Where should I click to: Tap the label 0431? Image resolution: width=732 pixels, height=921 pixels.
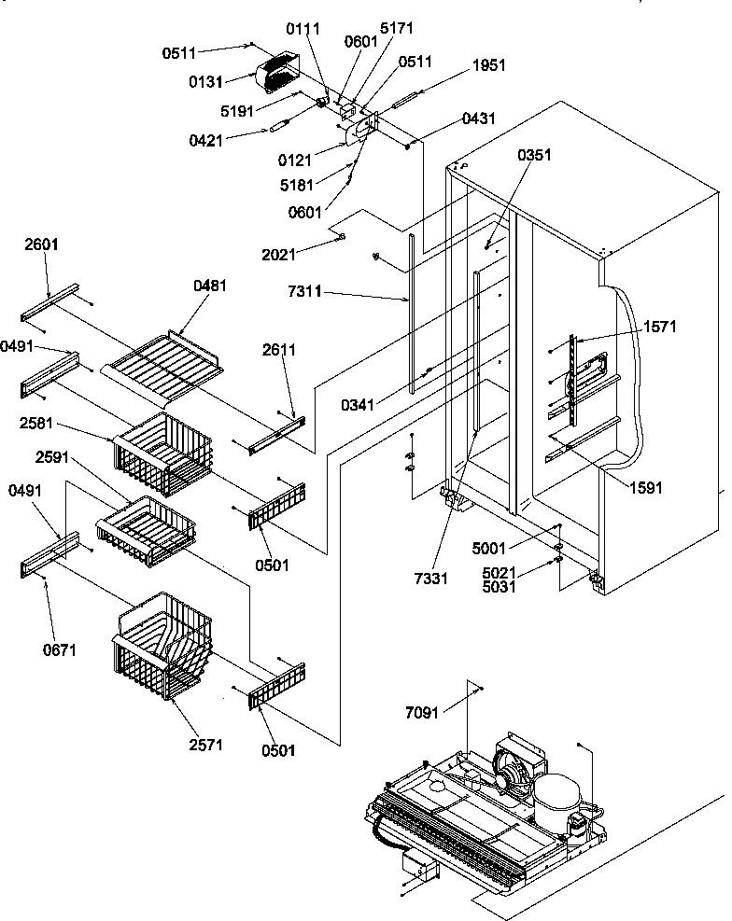[478, 119]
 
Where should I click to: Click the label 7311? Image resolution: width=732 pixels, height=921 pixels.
[305, 292]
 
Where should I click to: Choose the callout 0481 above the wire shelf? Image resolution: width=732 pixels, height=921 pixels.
[211, 286]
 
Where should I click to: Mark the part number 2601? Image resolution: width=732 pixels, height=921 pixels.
[41, 245]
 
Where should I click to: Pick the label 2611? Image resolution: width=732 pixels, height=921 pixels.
[280, 350]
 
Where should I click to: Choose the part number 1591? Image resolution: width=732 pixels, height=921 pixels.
[645, 486]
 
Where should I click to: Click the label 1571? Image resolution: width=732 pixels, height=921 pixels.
[659, 327]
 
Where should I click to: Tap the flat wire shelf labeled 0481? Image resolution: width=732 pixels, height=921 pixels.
[163, 359]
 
